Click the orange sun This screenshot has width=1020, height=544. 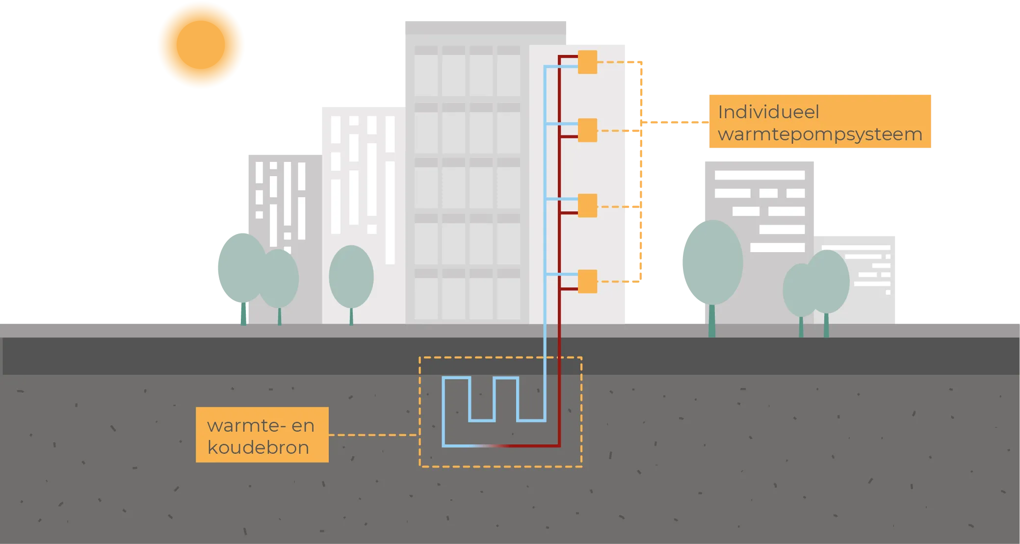point(201,45)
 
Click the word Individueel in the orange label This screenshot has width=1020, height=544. point(768,112)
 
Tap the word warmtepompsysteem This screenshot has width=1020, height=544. point(820,134)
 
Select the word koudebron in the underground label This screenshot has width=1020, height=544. point(258,447)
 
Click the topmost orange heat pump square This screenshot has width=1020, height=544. point(587,62)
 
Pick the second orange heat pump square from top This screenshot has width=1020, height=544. point(587,130)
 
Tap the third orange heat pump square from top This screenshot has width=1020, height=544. point(587,206)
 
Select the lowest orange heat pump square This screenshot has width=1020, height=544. point(587,282)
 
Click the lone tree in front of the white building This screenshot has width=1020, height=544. point(351,277)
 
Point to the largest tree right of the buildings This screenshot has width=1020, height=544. point(712,262)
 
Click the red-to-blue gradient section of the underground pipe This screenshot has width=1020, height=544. point(491,446)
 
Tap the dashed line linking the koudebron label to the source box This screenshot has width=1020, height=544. point(373,435)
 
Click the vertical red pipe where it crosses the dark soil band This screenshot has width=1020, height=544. point(559,356)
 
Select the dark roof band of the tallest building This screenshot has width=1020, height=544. point(486,27)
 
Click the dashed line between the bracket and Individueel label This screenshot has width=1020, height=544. point(675,121)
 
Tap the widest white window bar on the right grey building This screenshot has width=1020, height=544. point(759,175)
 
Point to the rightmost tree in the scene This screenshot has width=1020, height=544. point(828,282)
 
